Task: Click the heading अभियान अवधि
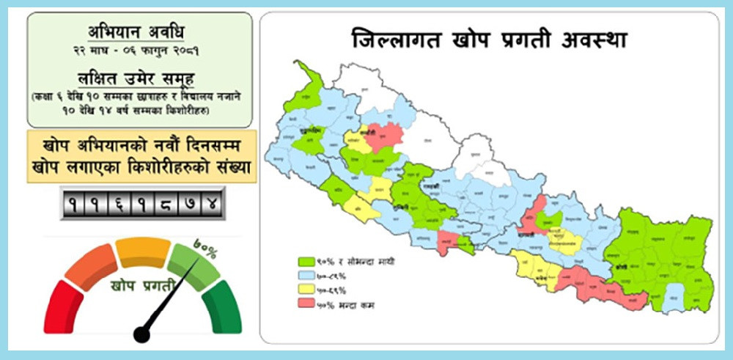139,32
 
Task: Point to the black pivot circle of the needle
141,334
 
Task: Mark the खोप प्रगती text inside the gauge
142,283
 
